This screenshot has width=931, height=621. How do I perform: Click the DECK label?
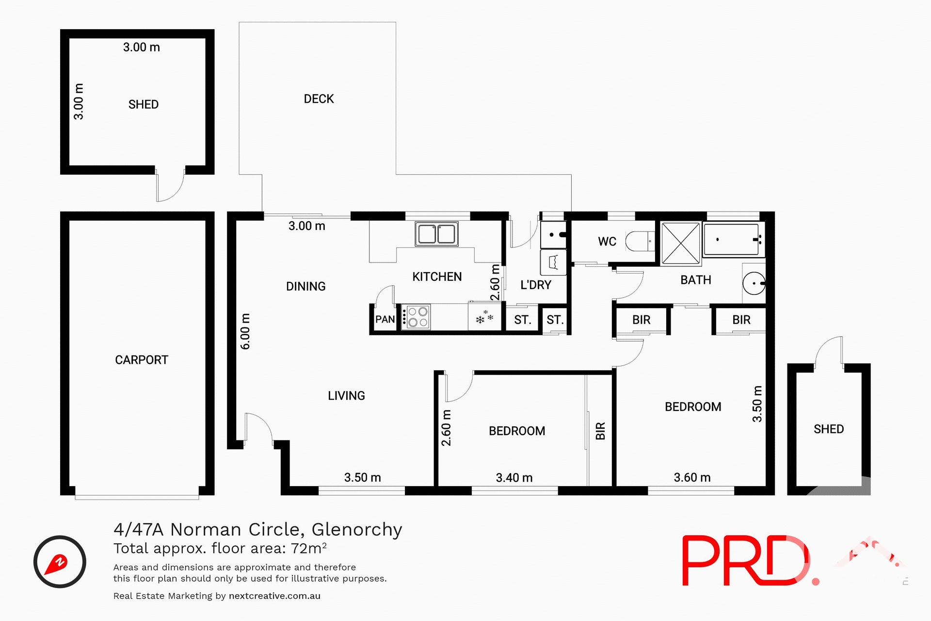(319, 99)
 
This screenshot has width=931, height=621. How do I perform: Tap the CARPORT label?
(141, 360)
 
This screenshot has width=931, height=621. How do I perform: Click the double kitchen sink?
(436, 234)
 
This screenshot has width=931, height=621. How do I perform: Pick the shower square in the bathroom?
(681, 244)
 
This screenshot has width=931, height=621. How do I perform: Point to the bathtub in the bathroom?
(731, 239)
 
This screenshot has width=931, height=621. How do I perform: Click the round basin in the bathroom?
(754, 283)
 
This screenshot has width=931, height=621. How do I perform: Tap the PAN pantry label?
(385, 319)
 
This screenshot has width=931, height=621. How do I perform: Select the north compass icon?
(60, 562)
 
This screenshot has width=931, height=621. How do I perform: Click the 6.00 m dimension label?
(246, 331)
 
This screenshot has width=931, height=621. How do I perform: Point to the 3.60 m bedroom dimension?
(692, 478)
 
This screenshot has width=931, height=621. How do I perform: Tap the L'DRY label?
(536, 285)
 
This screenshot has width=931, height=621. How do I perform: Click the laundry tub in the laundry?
(553, 262)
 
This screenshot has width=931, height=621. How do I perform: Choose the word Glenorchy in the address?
(356, 529)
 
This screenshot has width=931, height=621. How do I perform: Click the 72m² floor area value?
(308, 548)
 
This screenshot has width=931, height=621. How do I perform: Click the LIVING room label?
(346, 396)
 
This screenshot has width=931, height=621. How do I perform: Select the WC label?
(607, 242)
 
